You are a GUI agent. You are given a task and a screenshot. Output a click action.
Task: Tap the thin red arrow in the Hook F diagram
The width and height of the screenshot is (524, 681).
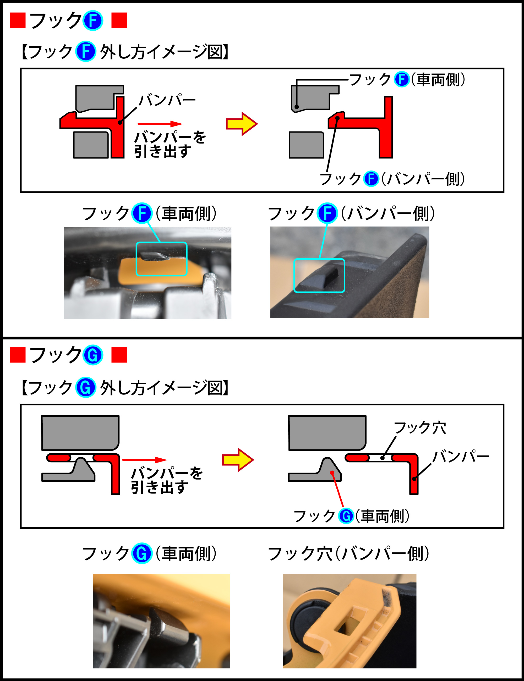[x=160, y=124]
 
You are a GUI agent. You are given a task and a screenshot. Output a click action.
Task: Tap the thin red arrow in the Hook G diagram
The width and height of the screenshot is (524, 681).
[x=145, y=460]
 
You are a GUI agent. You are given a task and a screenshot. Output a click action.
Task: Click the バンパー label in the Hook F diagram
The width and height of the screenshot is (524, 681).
[x=167, y=100]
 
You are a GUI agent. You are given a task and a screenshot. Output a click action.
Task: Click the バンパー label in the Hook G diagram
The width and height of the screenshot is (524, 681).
[x=461, y=457]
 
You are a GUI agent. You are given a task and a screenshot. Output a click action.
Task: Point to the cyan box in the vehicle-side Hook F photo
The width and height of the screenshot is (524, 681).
[x=162, y=259]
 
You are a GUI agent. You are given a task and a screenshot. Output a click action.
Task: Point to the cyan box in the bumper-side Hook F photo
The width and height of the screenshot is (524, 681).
[x=319, y=276]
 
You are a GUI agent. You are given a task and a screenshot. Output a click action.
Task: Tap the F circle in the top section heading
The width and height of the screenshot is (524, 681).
[x=93, y=21]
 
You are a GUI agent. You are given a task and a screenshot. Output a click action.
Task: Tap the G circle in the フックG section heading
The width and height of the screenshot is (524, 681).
[x=93, y=355]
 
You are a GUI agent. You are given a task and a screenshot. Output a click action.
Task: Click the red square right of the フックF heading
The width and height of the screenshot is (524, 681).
[x=119, y=21]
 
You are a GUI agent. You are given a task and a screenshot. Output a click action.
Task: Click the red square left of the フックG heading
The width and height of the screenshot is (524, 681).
[x=18, y=355]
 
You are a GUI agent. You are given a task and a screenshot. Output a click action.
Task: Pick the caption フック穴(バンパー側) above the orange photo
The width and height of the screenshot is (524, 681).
[x=348, y=554]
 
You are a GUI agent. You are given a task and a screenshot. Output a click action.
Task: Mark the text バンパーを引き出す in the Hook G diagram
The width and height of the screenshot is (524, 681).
[x=167, y=480]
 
